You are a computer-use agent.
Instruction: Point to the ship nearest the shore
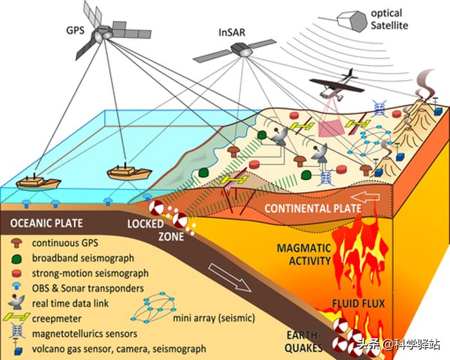[x=129, y=172]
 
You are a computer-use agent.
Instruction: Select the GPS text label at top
[x=75, y=30]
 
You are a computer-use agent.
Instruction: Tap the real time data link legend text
[x=71, y=303]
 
